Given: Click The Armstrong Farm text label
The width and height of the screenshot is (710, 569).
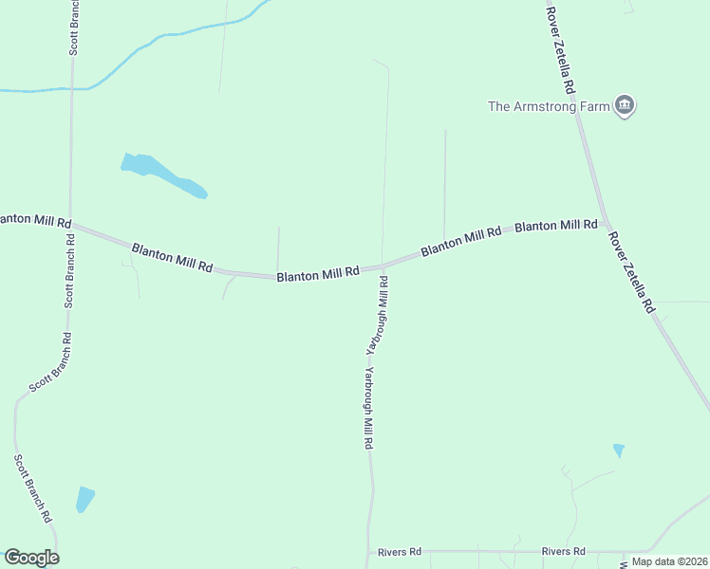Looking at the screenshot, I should (548, 106).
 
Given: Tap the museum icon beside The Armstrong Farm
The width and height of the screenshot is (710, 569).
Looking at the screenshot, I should (625, 105).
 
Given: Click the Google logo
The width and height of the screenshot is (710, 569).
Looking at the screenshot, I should (31, 558).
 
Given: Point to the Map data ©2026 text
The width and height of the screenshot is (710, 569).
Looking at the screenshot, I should (669, 561).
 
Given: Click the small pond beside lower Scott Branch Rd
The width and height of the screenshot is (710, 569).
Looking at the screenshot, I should (85, 498).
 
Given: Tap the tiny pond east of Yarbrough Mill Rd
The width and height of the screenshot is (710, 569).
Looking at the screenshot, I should (619, 450).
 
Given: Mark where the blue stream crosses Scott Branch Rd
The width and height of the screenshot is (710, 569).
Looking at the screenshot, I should (72, 88).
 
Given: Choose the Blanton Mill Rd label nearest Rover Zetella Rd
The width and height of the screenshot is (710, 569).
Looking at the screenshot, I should (555, 226).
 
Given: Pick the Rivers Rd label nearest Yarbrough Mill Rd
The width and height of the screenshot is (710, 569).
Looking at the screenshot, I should (399, 551).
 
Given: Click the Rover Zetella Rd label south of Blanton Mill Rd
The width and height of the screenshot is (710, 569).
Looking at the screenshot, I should (632, 273).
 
